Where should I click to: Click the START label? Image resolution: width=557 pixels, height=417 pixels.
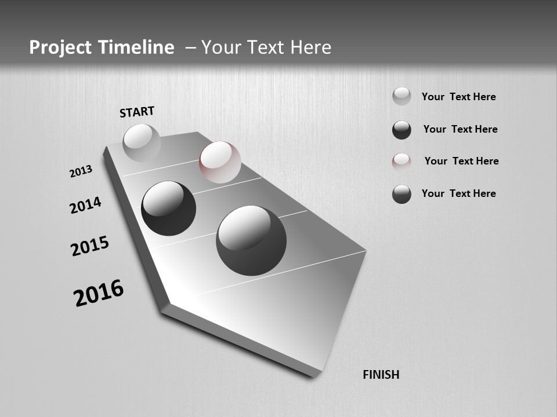[x=137, y=112]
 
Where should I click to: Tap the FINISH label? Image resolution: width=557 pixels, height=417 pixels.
[x=381, y=375]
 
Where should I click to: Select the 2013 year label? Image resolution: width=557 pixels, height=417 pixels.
[x=81, y=171]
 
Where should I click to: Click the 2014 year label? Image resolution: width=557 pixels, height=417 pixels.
[x=85, y=205]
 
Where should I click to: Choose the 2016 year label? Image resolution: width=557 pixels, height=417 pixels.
[x=99, y=293]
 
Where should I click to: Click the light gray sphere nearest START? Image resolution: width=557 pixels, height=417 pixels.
[x=142, y=142]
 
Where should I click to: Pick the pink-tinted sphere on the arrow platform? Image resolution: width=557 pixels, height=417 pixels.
[x=220, y=162]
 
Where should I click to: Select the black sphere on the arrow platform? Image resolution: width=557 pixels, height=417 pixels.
[x=168, y=209]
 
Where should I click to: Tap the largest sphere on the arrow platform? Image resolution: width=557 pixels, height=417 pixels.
[x=251, y=240]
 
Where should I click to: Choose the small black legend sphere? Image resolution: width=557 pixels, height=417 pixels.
[x=402, y=130]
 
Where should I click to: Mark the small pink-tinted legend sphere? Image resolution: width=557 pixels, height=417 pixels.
[x=402, y=162]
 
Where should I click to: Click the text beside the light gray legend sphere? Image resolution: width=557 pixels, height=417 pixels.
[x=458, y=97]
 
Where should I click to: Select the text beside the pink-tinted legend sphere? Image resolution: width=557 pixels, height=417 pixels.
[x=461, y=161]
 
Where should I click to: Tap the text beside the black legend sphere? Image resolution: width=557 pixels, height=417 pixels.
[x=460, y=129]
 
